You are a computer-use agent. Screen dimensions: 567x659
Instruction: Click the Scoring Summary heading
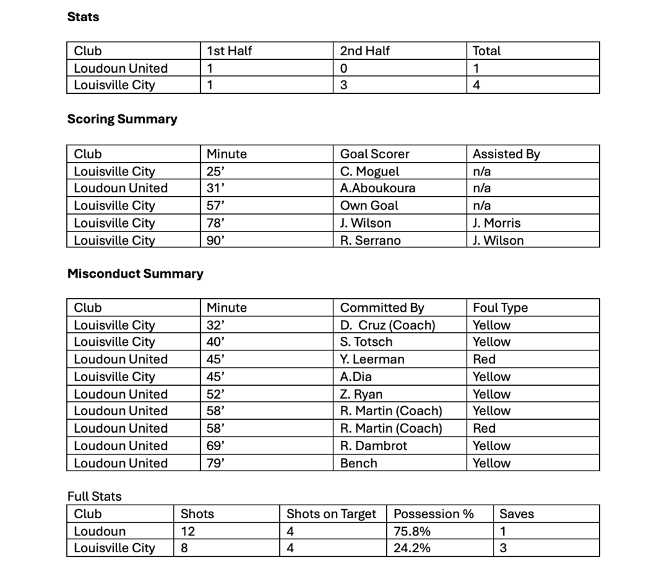click(x=122, y=119)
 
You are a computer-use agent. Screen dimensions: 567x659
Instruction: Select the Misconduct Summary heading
click(x=135, y=273)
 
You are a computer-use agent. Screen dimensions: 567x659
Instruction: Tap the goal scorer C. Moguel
click(x=369, y=172)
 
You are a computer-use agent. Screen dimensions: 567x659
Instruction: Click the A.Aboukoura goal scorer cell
click(x=377, y=188)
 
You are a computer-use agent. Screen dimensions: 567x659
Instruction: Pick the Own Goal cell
click(x=369, y=206)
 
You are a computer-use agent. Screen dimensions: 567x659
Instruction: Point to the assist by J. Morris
click(x=496, y=223)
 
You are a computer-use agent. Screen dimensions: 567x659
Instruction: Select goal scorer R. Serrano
click(x=370, y=240)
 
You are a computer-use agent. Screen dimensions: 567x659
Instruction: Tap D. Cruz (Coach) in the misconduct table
click(x=387, y=325)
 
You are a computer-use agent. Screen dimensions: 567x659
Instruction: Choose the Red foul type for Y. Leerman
click(x=484, y=359)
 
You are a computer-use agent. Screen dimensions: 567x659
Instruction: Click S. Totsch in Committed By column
click(x=366, y=342)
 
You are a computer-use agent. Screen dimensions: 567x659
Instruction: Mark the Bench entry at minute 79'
click(x=358, y=463)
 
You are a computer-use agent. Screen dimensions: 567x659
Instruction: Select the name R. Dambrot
click(x=373, y=446)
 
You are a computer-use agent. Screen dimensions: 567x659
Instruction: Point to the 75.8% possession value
click(x=412, y=531)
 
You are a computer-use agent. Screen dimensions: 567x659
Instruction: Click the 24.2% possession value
click(x=412, y=548)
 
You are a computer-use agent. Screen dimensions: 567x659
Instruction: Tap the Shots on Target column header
click(x=331, y=514)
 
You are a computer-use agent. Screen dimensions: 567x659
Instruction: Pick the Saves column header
click(x=517, y=514)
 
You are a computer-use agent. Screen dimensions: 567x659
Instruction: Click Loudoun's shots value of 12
click(x=188, y=531)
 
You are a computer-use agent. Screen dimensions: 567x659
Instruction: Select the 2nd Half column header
click(x=365, y=51)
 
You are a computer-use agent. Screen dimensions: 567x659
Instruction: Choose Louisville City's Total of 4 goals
click(x=477, y=85)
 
